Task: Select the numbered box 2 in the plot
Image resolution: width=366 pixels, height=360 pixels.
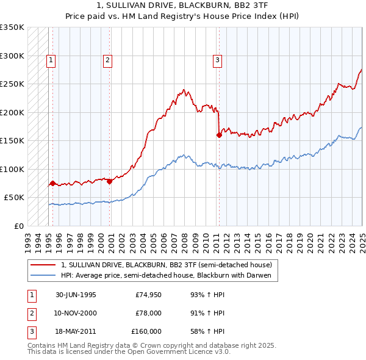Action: pos(107,60)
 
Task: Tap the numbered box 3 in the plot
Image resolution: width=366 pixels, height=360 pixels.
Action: pos(217,60)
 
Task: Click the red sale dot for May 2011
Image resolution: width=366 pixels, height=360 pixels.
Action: pos(219,135)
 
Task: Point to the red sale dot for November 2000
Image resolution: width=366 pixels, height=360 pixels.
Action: pos(110,181)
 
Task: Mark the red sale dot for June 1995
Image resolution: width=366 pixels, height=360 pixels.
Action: pos(52,183)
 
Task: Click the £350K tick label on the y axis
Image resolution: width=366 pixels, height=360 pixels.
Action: pos(12,27)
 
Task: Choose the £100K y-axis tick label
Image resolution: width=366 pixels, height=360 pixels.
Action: pos(12,169)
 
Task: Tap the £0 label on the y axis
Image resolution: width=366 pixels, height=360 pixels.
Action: pos(18,226)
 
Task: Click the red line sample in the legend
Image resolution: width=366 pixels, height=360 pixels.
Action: pos(43,265)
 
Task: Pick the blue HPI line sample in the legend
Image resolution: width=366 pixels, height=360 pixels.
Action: pos(43,275)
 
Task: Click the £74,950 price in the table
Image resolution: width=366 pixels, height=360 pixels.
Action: pos(146,295)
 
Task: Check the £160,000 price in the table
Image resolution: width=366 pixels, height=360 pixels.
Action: pos(146,331)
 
